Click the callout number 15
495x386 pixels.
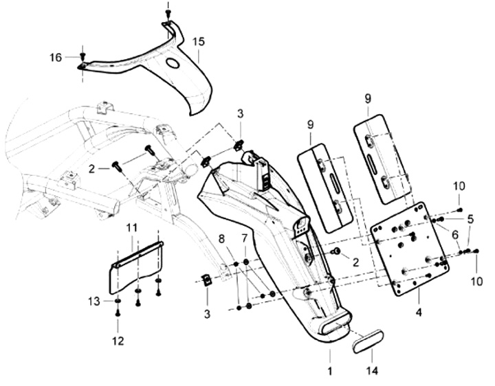click(x=199, y=41)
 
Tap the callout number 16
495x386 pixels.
click(x=56, y=58)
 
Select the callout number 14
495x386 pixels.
click(x=373, y=371)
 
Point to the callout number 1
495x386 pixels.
click(x=330, y=371)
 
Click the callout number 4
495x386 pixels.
click(x=419, y=313)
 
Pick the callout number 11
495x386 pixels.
click(x=132, y=227)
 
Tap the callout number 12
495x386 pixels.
click(x=118, y=341)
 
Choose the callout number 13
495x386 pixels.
click(x=94, y=302)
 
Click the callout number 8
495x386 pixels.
click(x=221, y=239)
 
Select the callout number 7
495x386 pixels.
click(x=245, y=239)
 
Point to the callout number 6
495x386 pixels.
click(x=455, y=234)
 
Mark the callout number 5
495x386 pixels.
click(x=471, y=219)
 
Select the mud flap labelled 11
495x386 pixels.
click(x=135, y=268)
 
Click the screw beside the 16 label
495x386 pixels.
click(x=83, y=56)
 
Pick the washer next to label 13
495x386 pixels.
click(x=118, y=302)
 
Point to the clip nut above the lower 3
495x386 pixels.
click(x=206, y=280)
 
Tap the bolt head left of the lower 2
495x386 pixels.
click(x=336, y=251)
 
